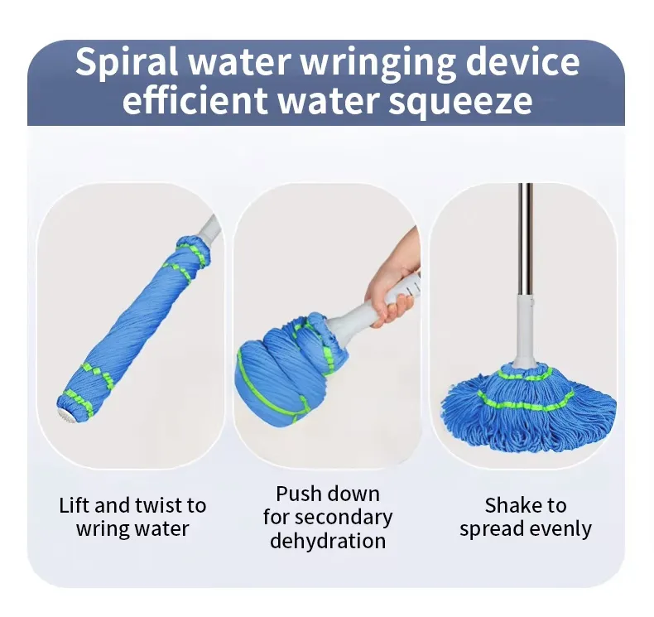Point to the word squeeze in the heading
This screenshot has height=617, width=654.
click(x=460, y=102)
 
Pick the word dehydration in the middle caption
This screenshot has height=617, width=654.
click(x=328, y=541)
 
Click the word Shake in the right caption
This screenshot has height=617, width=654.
click(x=512, y=505)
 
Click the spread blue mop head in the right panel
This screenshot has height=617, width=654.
click(x=528, y=408)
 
